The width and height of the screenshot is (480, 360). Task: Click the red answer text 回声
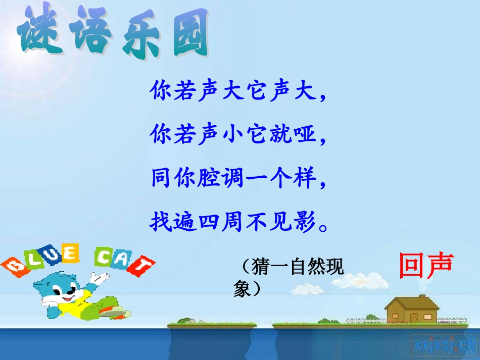426,266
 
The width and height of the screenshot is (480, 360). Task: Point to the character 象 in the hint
243,288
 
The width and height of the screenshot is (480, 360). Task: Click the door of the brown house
414,318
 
